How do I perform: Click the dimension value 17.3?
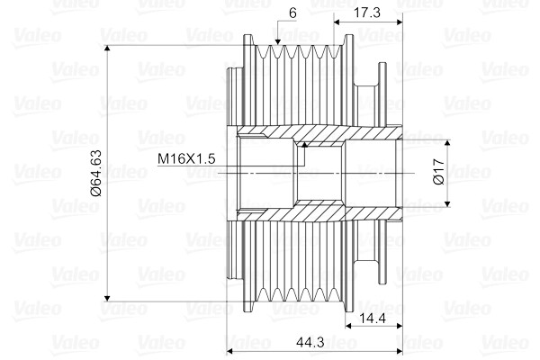coord(367,13)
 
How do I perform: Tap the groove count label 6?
coord(292,13)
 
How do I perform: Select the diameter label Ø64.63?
coord(96,173)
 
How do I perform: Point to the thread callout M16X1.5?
coord(186,158)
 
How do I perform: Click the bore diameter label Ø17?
coord(439,172)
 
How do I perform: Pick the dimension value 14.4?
coord(373,319)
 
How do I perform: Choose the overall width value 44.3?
coord(310,342)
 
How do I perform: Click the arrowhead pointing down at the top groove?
coord(278,41)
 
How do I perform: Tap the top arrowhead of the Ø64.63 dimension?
coord(107,48)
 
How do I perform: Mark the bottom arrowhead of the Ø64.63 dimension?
coord(107,298)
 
